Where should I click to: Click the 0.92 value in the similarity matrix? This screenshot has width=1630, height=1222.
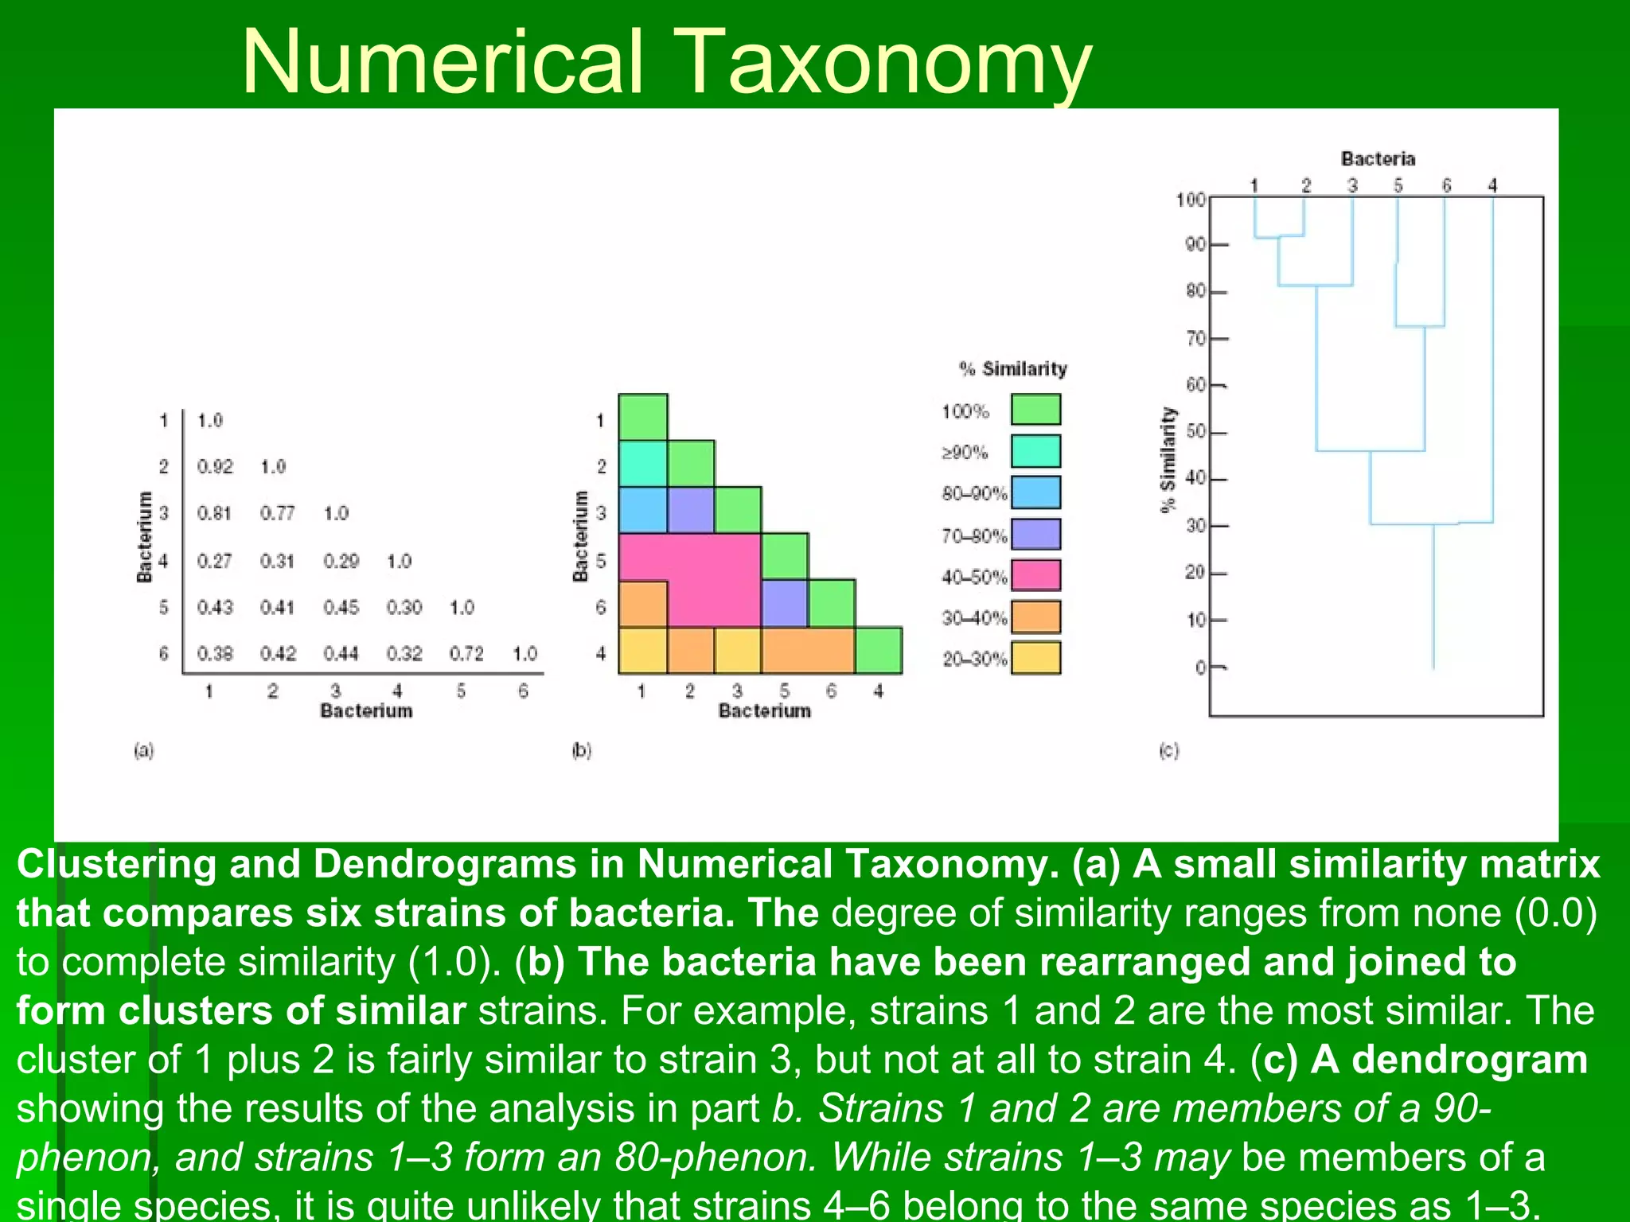(215, 467)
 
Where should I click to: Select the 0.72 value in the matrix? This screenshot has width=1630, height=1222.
(466, 654)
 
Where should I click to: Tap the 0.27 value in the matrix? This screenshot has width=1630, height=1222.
(215, 562)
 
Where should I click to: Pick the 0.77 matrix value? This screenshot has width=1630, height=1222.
(277, 514)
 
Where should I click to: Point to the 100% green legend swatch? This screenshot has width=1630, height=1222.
(1035, 410)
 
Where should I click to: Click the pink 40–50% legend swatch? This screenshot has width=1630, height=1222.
(1035, 575)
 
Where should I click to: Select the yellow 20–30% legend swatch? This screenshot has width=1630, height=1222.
(1035, 658)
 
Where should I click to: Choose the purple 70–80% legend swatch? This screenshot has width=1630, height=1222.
(1035, 534)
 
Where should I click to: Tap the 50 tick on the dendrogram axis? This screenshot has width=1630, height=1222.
(1196, 432)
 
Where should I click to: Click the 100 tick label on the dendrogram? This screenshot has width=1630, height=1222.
(1191, 200)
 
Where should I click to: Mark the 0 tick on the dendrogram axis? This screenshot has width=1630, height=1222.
(1201, 667)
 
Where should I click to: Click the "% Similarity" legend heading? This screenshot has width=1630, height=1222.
(1012, 369)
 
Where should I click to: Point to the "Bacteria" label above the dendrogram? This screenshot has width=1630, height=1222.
(1378, 159)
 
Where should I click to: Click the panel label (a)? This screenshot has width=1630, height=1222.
(144, 750)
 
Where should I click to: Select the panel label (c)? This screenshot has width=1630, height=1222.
(1168, 750)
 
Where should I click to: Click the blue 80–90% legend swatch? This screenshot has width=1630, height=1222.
(1035, 492)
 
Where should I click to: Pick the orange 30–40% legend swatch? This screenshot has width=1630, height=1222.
(1035, 617)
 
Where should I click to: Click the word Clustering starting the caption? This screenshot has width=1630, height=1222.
(116, 865)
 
